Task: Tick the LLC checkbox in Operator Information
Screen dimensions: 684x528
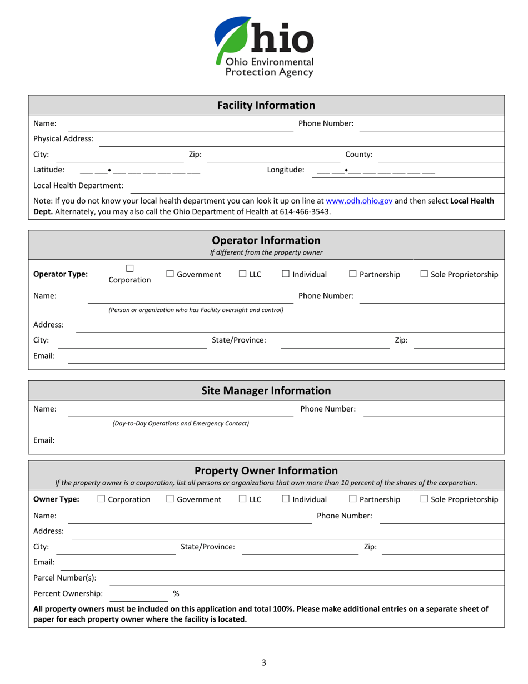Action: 243,274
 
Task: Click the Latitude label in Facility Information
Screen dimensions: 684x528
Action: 49,170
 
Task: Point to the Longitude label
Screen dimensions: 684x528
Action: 286,170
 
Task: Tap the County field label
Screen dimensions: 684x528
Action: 359,155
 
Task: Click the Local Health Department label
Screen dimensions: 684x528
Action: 78,186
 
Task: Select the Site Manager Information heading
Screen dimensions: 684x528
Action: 266,391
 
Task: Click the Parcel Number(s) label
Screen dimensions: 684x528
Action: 65,577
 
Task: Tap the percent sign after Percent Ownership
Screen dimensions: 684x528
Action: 176,593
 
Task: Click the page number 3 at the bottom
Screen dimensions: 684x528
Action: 264,662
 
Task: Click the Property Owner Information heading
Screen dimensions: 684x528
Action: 266,471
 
